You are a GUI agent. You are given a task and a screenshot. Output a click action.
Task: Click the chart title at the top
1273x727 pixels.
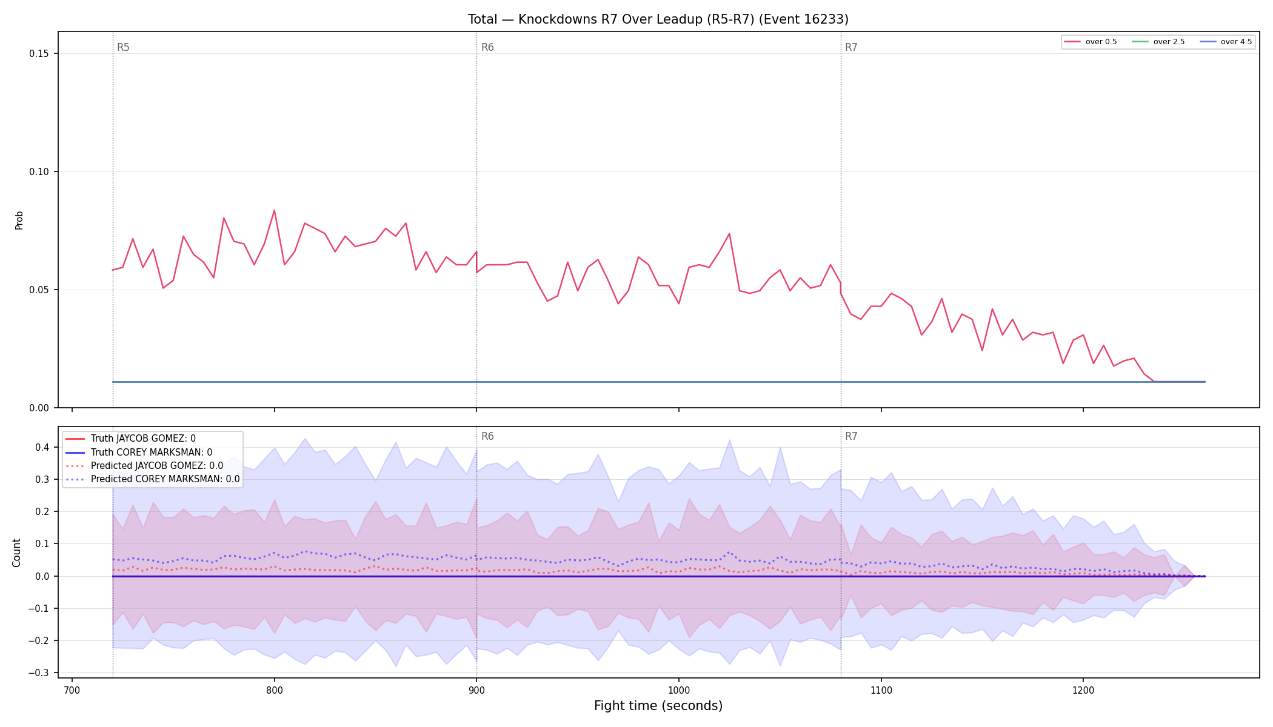pos(658,19)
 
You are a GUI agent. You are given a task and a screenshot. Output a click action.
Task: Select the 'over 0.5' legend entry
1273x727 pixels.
pos(1091,42)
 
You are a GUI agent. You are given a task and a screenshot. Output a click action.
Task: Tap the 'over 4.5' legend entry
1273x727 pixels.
pos(1226,42)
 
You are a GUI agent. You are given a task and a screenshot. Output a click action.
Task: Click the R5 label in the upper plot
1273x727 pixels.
pos(123,47)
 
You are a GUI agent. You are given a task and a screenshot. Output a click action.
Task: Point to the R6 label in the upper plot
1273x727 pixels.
pos(487,47)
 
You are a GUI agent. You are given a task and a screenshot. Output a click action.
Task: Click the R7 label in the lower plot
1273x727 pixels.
pos(851,436)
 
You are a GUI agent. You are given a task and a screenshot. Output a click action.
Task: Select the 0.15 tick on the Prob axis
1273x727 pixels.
pos(39,54)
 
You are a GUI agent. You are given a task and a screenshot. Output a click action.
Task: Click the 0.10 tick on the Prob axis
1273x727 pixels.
pos(39,171)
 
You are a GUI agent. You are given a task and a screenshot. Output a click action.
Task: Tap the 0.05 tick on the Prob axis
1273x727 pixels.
pos(39,290)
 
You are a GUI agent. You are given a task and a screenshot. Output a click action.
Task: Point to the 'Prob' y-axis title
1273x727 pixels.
pos(19,220)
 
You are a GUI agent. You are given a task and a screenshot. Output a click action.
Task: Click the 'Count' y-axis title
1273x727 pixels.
pos(16,553)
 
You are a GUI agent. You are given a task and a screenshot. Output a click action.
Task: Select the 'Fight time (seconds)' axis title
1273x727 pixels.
pos(658,706)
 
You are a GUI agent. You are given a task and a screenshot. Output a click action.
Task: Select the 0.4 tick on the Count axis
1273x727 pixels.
pos(42,448)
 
